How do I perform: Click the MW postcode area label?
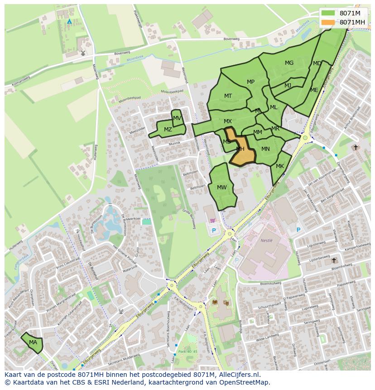[221, 188]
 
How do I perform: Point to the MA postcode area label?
[33, 342]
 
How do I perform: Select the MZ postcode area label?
[168, 130]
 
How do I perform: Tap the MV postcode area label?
[177, 118]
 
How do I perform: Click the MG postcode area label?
[289, 63]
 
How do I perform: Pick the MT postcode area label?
[228, 96]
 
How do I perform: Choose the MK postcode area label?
[279, 166]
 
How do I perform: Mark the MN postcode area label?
[265, 149]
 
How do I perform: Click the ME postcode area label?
[314, 90]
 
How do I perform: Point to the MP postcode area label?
[250, 82]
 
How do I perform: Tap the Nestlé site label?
[267, 241]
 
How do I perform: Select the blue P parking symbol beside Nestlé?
[298, 230]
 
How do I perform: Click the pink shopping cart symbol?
[213, 221]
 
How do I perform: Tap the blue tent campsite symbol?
[69, 21]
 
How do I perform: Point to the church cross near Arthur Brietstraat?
[356, 147]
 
